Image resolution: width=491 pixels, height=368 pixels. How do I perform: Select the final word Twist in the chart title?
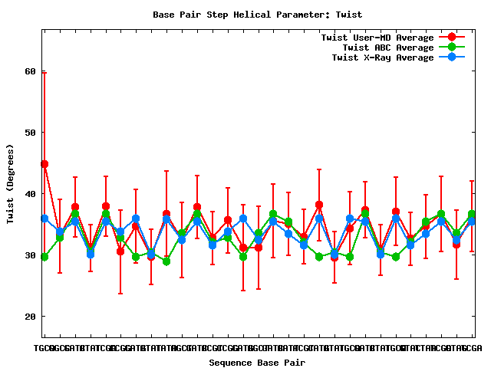pos(349,15)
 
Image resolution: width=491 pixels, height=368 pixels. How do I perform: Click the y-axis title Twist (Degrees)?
pos(10,183)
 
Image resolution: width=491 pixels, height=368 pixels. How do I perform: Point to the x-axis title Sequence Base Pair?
pos(258,362)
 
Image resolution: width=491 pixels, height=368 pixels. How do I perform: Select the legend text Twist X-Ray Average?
pos(382,58)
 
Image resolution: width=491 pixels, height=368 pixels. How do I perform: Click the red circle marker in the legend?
pos(452,38)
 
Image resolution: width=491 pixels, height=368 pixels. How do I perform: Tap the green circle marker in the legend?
pos(452,48)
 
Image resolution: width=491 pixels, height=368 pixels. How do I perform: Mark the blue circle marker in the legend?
pos(452,58)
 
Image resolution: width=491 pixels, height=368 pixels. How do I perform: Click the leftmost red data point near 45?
pos(44,164)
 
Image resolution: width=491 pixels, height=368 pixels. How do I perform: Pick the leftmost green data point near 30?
pos(44,257)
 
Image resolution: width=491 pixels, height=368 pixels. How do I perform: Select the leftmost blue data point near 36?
pos(44,219)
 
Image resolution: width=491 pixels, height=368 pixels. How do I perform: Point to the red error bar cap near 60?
pos(44,72)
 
